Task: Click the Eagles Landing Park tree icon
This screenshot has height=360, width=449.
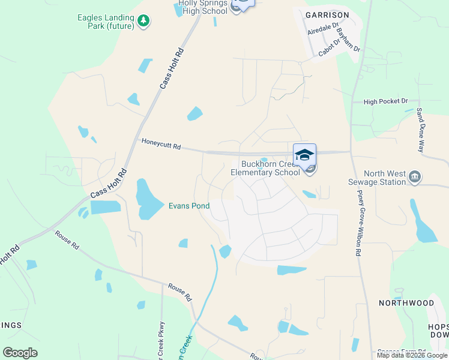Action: pyautogui.click(x=143, y=22)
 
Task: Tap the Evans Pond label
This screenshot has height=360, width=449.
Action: pyautogui.click(x=188, y=206)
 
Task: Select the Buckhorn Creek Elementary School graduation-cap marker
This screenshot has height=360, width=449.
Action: pyautogui.click(x=304, y=154)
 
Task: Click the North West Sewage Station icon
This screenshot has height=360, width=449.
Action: pyautogui.click(x=414, y=177)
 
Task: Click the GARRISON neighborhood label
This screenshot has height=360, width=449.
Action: pyautogui.click(x=327, y=14)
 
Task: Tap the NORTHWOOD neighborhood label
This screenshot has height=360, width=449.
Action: pyautogui.click(x=406, y=303)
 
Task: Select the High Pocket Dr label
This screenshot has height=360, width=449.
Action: pyautogui.click(x=385, y=102)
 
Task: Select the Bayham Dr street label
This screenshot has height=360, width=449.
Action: pyautogui.click(x=348, y=40)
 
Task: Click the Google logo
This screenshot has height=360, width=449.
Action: pyautogui.click(x=20, y=353)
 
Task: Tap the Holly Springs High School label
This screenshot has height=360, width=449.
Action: pyautogui.click(x=203, y=7)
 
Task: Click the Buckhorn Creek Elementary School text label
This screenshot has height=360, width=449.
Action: pyautogui.click(x=270, y=169)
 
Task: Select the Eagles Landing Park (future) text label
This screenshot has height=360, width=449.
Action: pyautogui.click(x=105, y=22)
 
